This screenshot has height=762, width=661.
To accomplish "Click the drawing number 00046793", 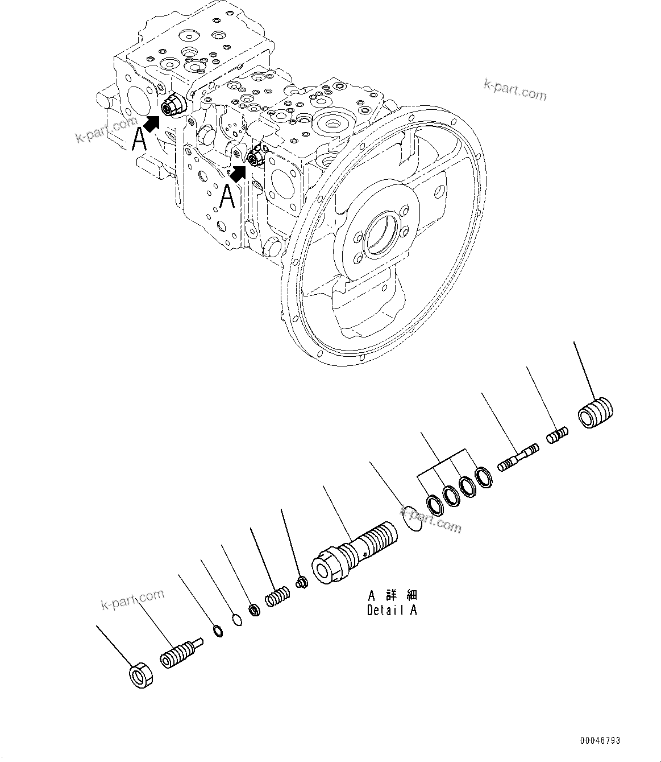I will pos(600,741).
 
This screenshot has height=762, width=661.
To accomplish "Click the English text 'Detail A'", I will pos(392,611).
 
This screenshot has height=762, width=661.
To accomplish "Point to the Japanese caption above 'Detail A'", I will pos(392,595).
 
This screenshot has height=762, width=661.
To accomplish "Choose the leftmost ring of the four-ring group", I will pos(435,504).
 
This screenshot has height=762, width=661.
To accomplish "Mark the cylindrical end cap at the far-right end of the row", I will pos(596,412).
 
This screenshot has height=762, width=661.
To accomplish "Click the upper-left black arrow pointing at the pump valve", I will pos(151,121).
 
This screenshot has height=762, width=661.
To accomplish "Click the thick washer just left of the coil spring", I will pos(255,609).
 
